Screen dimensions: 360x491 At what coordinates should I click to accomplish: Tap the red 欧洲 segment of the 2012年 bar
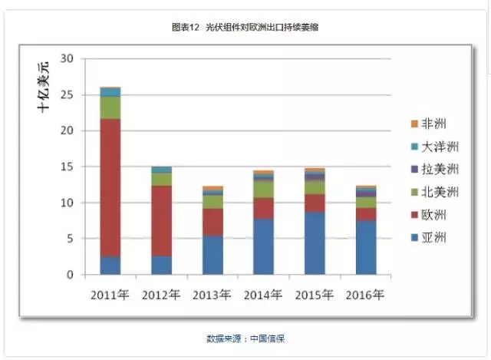(162, 220)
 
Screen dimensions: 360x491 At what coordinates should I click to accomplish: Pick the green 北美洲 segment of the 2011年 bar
(110, 107)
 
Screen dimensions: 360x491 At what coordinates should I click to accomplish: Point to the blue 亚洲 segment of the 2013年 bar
(213, 255)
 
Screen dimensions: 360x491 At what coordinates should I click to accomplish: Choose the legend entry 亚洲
(428, 239)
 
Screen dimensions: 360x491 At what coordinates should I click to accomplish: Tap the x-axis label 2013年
(213, 295)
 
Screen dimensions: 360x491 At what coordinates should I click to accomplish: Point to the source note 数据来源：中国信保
(245, 339)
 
